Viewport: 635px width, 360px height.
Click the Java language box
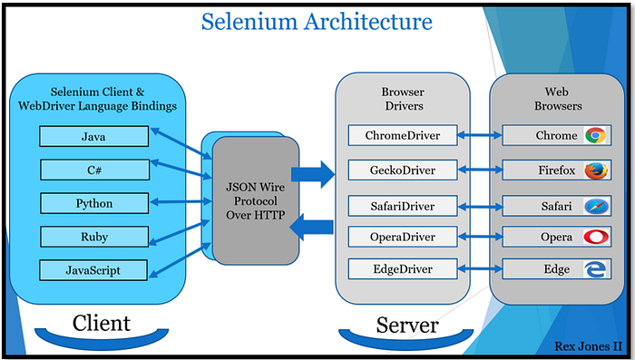[93, 136]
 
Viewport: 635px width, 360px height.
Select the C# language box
[93, 170]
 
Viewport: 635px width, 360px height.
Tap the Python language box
[93, 203]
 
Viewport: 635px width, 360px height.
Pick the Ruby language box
[93, 237]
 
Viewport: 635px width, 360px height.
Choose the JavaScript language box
[93, 269]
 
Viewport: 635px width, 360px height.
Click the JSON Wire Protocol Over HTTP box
[255, 199]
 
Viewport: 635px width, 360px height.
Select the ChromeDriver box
[402, 136]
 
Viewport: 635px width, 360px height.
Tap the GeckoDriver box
[402, 170]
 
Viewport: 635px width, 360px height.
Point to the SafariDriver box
[402, 206]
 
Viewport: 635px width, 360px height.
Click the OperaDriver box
[402, 237]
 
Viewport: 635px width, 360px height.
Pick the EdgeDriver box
[402, 269]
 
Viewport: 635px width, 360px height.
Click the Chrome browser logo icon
[595, 136]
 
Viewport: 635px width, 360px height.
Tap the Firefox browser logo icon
[595, 170]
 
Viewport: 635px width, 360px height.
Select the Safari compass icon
[595, 206]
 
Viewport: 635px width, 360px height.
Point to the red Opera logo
[595, 237]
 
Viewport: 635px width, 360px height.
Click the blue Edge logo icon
[595, 269]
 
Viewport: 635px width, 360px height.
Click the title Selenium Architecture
[316, 20]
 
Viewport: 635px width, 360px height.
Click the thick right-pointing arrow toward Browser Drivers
[312, 174]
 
